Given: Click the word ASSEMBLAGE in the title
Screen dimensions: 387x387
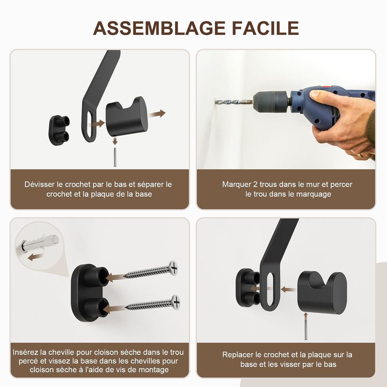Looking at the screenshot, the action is pyautogui.click(x=159, y=28).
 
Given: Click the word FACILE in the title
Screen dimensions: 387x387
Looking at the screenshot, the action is pyautogui.click(x=265, y=28).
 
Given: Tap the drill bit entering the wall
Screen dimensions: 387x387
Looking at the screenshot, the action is pyautogui.click(x=234, y=102).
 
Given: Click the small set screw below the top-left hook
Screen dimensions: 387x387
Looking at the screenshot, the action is pyautogui.click(x=115, y=157).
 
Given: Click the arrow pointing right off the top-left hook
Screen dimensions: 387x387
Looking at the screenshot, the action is pyautogui.click(x=157, y=114).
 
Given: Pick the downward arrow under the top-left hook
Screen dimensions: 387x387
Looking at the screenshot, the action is pyautogui.click(x=115, y=141).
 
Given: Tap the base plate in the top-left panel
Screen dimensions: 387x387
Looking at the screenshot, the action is pyautogui.click(x=59, y=130).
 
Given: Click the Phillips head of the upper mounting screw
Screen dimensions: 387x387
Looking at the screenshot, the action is pyautogui.click(x=173, y=267).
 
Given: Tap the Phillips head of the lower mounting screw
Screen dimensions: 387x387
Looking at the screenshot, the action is pyautogui.click(x=176, y=301).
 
